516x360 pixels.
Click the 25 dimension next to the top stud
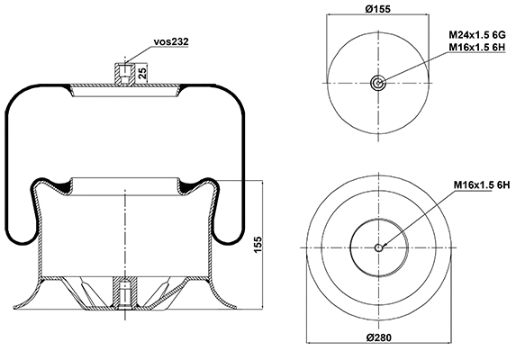pyautogui.click(x=142, y=72)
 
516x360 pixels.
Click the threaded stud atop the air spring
pyautogui.click(x=125, y=72)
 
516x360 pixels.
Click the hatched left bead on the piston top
pyautogui.click(x=61, y=186)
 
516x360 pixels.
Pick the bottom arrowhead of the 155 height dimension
pyautogui.click(x=262, y=306)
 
